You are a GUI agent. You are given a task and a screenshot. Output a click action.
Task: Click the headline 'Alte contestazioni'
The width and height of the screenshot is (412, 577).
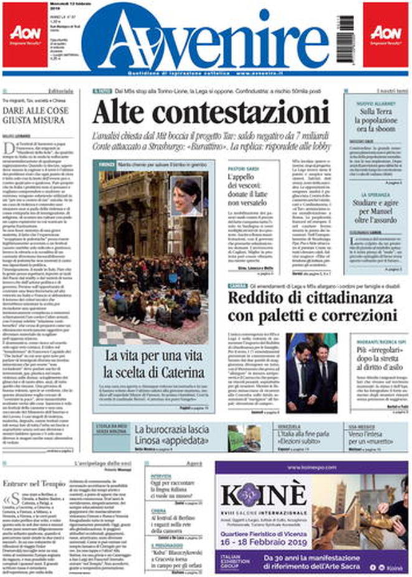coord(211,113)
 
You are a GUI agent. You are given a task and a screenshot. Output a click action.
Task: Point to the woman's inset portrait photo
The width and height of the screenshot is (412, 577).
coord(186,195)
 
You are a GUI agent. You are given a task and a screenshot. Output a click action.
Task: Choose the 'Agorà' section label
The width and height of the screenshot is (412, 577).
coord(194,464)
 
